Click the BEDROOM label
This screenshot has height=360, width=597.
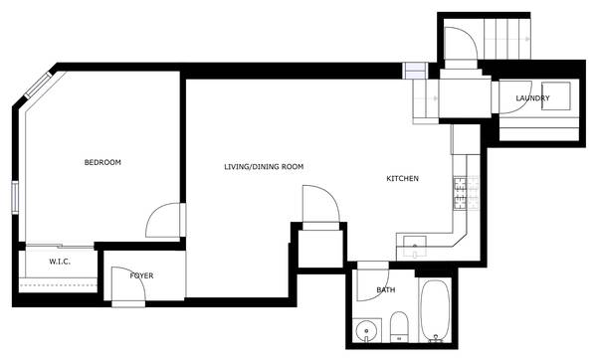tap(102, 162)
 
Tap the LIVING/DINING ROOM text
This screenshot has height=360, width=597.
tap(264, 167)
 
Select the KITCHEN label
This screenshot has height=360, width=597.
tap(402, 178)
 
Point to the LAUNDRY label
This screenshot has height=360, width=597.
tap(532, 98)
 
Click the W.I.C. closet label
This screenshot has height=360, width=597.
tap(60, 262)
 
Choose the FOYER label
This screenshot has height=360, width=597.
tap(141, 275)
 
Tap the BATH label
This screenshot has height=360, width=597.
tap(386, 290)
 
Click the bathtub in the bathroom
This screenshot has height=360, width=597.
tap(435, 310)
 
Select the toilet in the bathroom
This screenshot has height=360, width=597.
tap(399, 327)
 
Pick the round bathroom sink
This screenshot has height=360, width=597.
tap(366, 330)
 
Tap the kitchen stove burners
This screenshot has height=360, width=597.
tap(466, 193)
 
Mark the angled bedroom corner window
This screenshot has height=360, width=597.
tap(38, 85)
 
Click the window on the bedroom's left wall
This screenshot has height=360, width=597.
tap(15, 197)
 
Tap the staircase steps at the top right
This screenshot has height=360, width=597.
tap(507, 39)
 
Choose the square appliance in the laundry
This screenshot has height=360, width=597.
tap(556, 95)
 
